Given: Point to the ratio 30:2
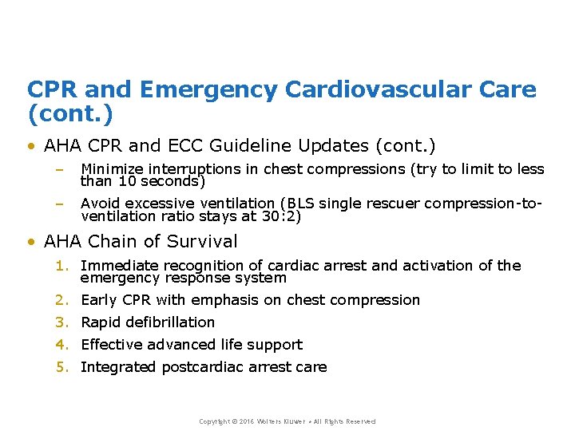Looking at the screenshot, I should click(x=280, y=216).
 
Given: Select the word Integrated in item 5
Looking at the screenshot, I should click(x=119, y=367).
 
